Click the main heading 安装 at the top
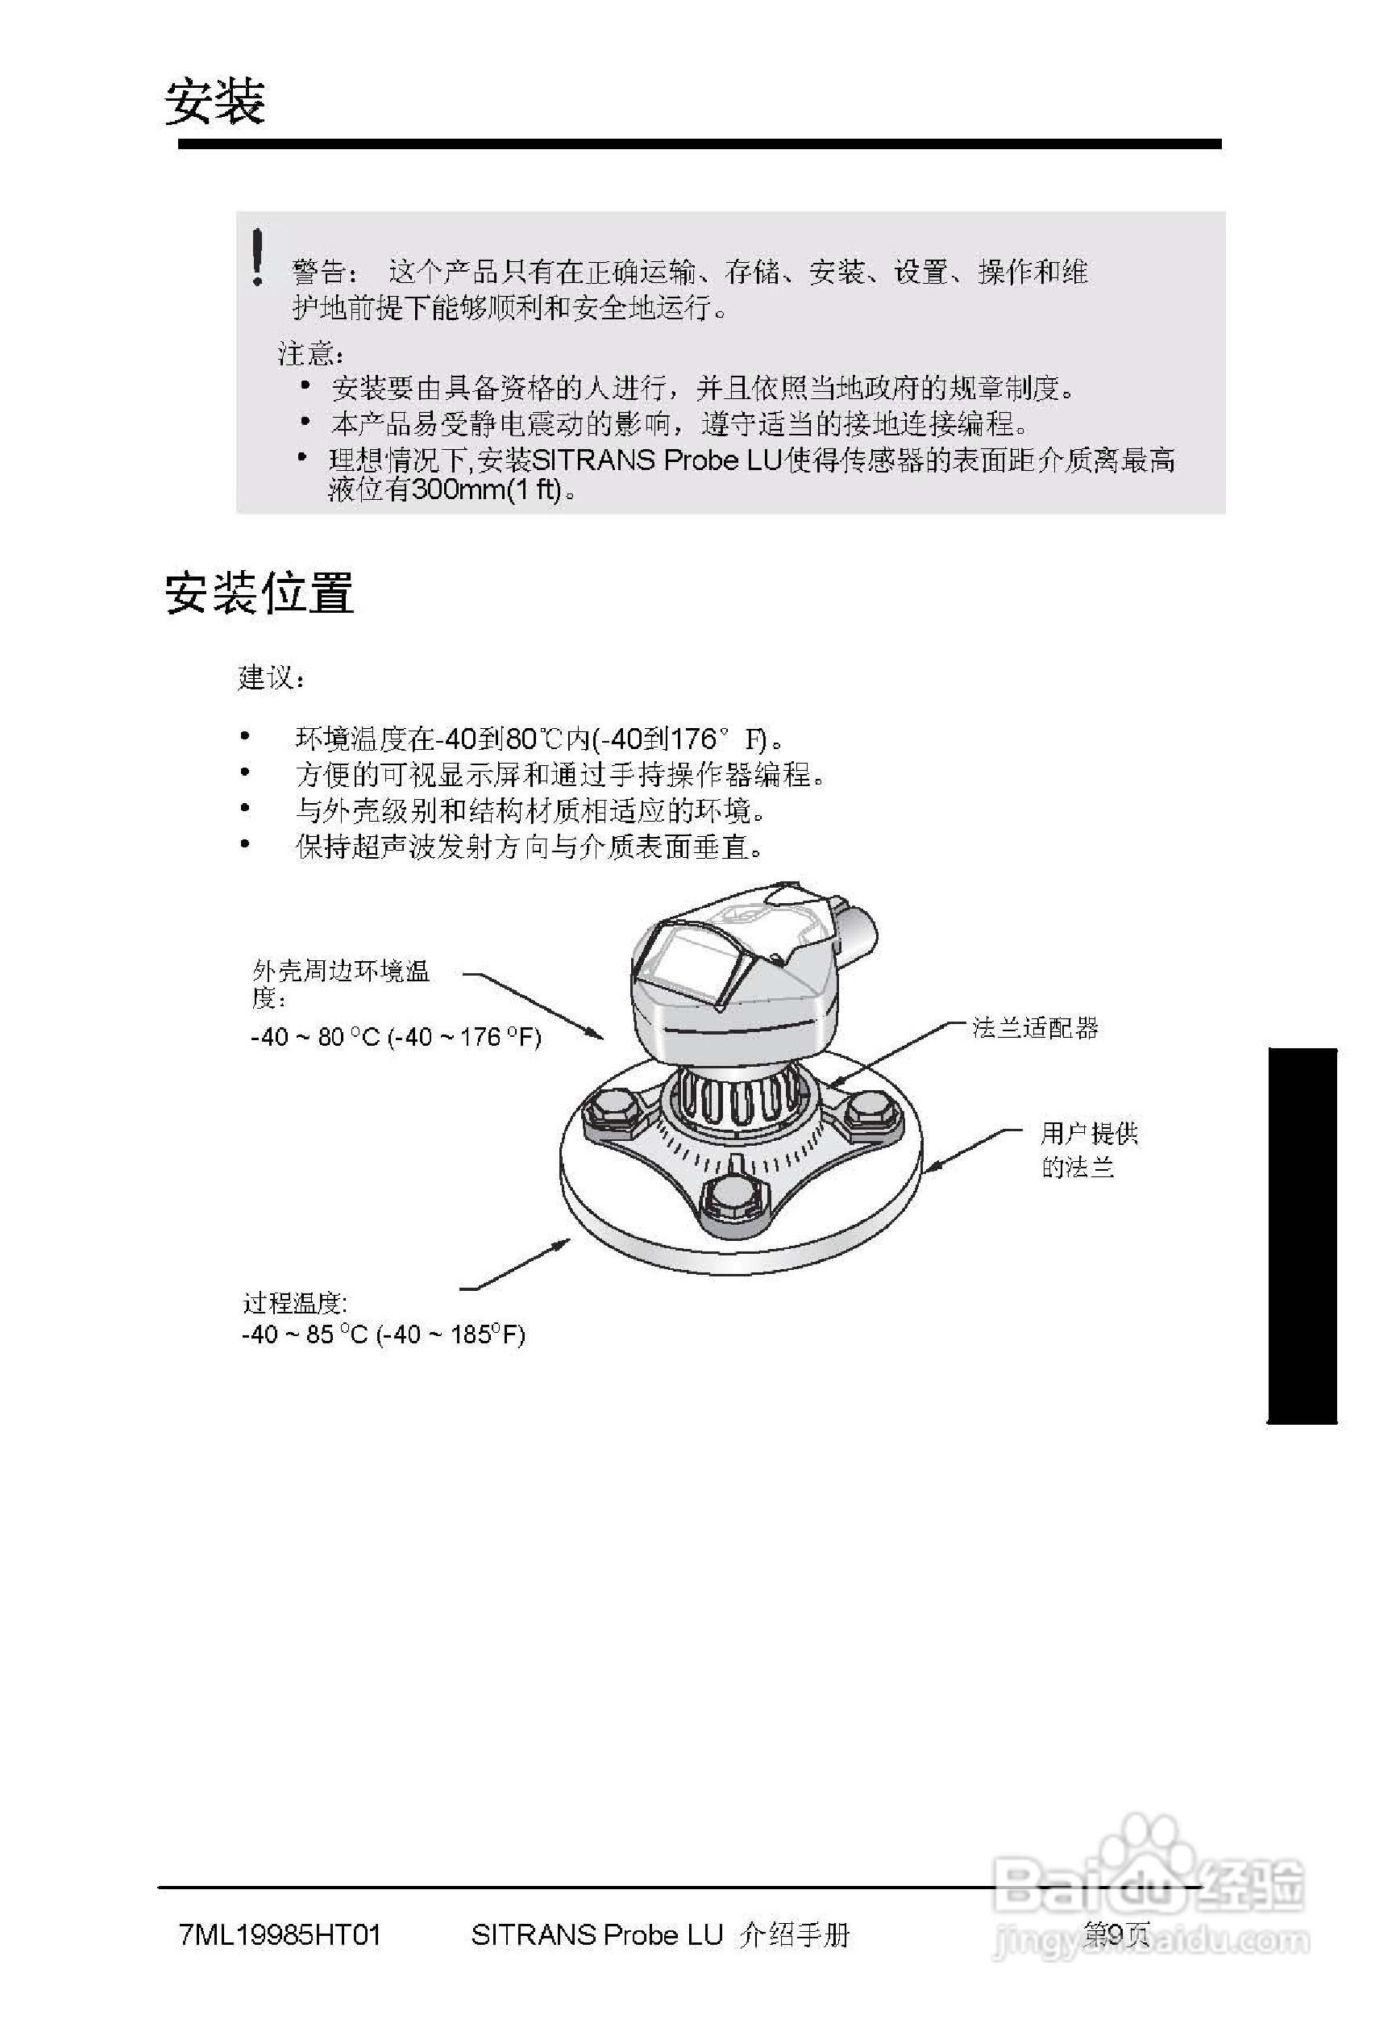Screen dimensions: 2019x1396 point(215,102)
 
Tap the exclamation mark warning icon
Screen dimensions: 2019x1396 point(256,256)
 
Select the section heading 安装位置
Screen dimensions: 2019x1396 point(260,593)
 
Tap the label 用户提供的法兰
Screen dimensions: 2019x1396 point(1088,1151)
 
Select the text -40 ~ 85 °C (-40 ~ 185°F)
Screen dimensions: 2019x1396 point(383,1334)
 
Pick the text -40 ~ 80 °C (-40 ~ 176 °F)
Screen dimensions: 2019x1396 point(396,1037)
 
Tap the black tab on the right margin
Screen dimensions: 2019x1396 point(1302,1235)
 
